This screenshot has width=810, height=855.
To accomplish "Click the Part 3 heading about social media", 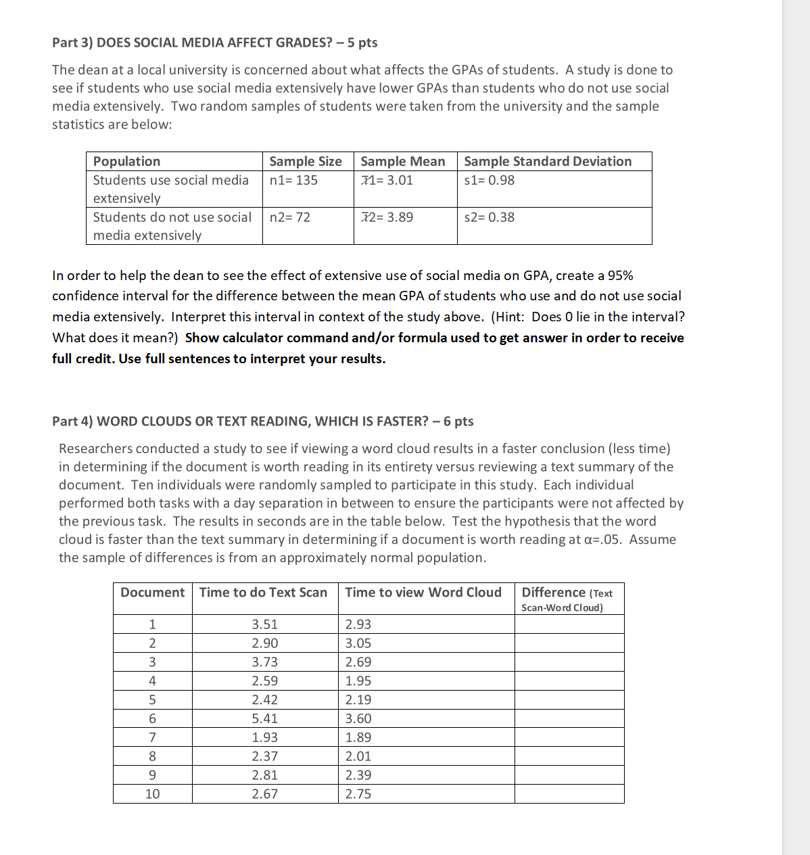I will tap(214, 43).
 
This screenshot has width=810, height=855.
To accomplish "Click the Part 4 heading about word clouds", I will tap(262, 421).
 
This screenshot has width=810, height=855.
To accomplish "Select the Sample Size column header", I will tap(306, 162).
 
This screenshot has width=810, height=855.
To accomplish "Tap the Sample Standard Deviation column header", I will tap(548, 162).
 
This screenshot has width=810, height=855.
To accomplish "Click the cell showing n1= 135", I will tap(293, 181).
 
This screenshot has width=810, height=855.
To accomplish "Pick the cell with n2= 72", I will tap(290, 217).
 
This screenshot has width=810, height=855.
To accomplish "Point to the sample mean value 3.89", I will tap(387, 217).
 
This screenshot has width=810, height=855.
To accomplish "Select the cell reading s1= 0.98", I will tap(490, 181).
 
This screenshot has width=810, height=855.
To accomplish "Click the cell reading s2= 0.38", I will tap(490, 217).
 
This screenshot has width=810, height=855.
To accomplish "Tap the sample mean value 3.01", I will tap(387, 181).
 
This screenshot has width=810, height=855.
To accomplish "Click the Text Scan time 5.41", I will tap(265, 719).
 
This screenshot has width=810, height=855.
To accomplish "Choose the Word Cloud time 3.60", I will tap(358, 719).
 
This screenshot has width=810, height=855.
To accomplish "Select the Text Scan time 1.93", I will tap(265, 738).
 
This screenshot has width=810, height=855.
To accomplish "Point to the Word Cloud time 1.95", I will tap(358, 681).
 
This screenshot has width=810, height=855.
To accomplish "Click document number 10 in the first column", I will tap(153, 794).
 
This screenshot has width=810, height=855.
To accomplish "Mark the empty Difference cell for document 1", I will tap(569, 624).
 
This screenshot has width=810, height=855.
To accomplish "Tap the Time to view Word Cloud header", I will tap(423, 593).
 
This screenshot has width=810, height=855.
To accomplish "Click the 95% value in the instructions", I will tap(620, 276).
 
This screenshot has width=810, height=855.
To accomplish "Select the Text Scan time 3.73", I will tap(265, 662).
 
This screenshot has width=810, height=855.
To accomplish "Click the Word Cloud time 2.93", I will tap(358, 624).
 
